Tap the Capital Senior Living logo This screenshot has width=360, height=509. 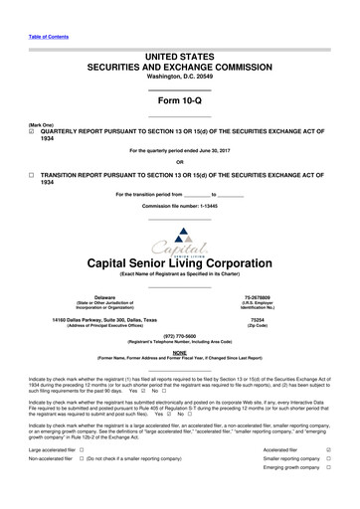tap(179, 210)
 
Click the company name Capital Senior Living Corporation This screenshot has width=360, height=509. tap(179, 236)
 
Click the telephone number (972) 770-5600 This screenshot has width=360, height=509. tap(179, 308)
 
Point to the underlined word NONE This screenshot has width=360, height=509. tap(179, 324)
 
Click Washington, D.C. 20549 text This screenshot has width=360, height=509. tap(179, 49)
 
